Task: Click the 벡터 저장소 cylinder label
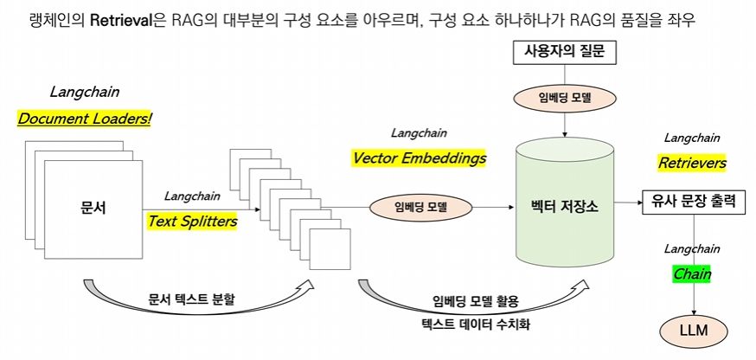[x=564, y=208]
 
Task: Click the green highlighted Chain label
[x=692, y=274]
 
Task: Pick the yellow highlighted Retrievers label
[x=692, y=163]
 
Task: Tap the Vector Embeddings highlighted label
[x=419, y=158]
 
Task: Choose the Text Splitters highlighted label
[x=192, y=221]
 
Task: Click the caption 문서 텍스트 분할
[x=191, y=299]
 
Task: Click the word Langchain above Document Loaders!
[x=85, y=92]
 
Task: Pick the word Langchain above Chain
[x=692, y=249]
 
